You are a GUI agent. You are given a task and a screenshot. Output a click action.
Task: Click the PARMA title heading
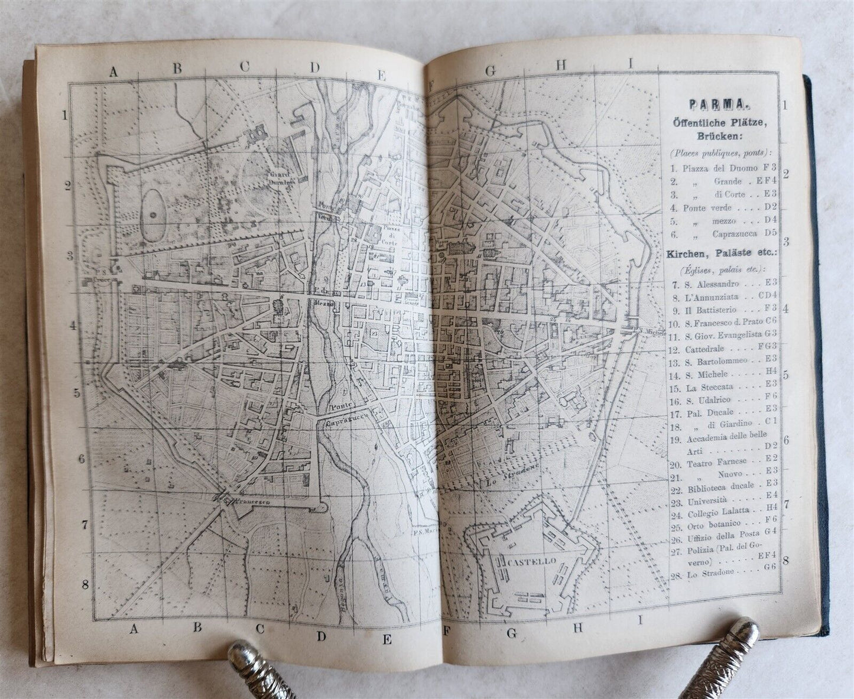click(x=718, y=106)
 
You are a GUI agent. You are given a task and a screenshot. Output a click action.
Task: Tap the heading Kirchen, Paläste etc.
click(x=721, y=254)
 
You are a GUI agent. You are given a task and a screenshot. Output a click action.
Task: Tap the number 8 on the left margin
click(x=85, y=584)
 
